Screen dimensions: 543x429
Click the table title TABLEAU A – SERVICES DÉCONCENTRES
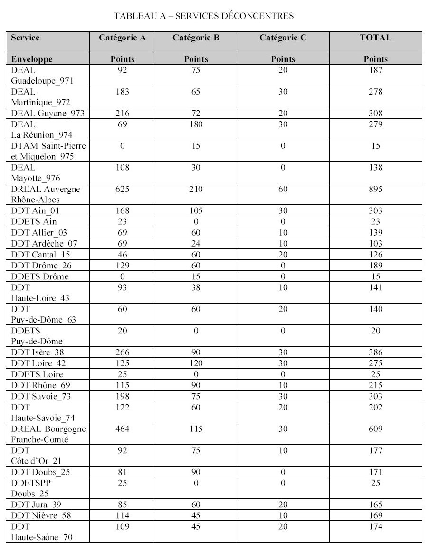coord(204,16)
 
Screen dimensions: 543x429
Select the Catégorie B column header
coord(196,38)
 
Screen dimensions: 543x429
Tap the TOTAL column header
coord(375,38)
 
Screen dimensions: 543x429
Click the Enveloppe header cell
coord(32,59)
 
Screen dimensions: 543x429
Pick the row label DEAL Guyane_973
coord(42,113)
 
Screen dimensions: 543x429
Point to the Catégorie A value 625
coord(122,189)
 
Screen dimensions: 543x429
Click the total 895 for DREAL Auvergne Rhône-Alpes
coord(375,189)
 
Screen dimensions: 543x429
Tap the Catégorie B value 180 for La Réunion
coord(196,124)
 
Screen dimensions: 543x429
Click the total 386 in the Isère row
coord(375,353)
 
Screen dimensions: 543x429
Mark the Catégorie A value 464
coord(122,429)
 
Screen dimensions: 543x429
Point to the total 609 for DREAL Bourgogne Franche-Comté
coord(375,429)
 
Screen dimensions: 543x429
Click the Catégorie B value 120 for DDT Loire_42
coord(196,363)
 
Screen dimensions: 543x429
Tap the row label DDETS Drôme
coord(39,276)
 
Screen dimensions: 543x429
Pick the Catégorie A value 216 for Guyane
coord(122,113)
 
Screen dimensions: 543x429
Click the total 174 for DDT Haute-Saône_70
coord(375,526)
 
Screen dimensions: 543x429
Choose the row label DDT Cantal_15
coord(41,255)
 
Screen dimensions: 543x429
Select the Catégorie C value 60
coord(283,189)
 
